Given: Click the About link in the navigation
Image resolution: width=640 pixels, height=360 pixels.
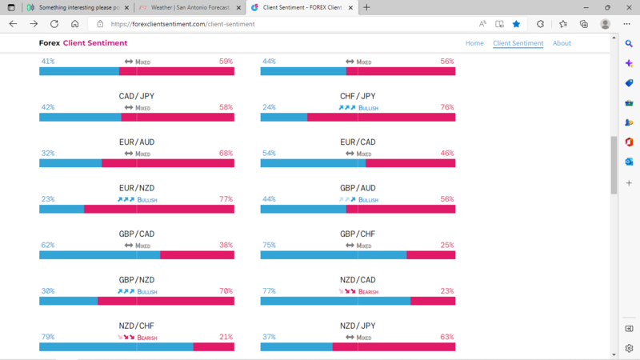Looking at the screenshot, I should [562, 43].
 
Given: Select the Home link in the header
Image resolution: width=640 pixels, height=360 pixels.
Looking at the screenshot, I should [474, 43].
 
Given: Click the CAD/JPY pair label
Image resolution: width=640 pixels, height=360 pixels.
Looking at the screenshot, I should [137, 96].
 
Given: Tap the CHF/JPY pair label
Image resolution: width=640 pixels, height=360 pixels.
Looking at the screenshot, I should [358, 96].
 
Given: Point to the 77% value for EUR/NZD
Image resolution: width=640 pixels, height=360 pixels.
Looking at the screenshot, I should [226, 199].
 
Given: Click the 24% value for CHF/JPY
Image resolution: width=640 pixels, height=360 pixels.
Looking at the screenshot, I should [269, 107].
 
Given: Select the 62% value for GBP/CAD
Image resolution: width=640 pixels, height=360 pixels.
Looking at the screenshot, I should [48, 246].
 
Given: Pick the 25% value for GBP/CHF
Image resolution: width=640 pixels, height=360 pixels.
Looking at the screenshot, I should [446, 246].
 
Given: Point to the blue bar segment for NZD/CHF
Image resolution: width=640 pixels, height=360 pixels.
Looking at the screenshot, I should [116, 346].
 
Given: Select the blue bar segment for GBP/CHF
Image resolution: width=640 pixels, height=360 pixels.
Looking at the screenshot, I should [333, 255].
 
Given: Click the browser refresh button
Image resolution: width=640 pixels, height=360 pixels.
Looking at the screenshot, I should [54, 24].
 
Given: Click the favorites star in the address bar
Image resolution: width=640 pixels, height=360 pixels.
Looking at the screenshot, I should [516, 24].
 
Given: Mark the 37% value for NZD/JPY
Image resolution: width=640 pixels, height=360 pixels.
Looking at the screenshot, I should [269, 338].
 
